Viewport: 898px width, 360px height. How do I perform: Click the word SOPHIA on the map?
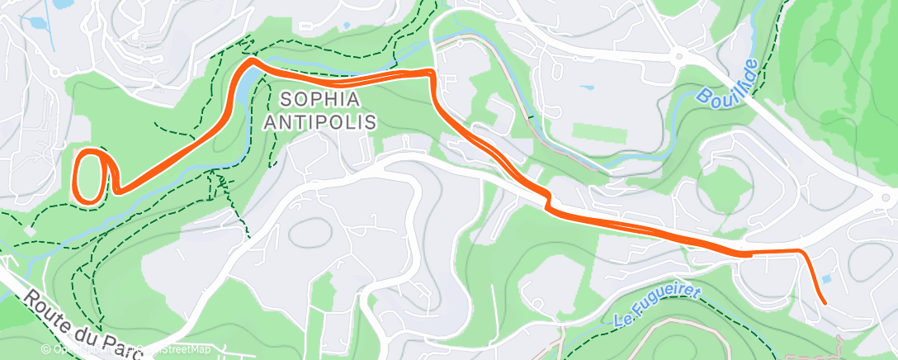(320, 100)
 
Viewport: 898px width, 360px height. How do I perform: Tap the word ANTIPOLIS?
(320, 122)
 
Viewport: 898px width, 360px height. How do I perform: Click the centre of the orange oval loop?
(89, 174)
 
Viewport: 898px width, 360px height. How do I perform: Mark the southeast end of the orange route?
(825, 302)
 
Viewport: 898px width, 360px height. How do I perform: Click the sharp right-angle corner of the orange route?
(431, 74)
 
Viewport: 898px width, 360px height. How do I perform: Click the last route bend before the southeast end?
(799, 251)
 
